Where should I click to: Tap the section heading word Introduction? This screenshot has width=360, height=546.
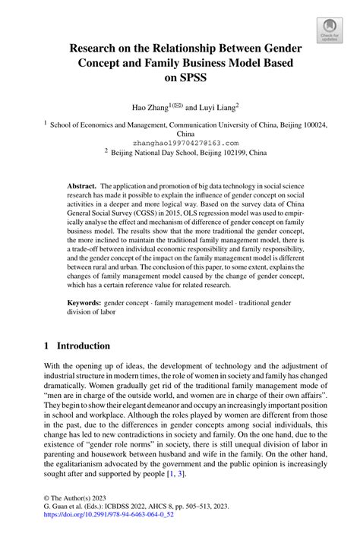(x=87, y=345)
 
